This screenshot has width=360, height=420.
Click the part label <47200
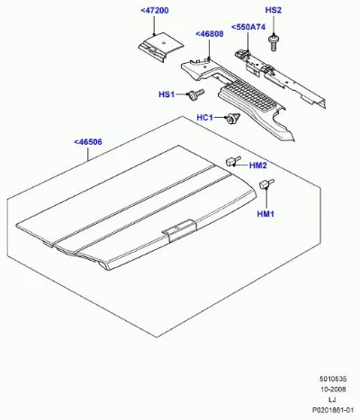pos(155,11)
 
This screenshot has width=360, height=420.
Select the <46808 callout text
pos(210,34)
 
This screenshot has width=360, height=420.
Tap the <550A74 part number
pos(248,27)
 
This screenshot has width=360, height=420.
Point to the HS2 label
pos(274,10)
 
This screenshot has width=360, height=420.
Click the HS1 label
pos(166,94)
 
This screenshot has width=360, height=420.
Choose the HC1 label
pos(204,118)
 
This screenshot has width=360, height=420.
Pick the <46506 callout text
pos(88,142)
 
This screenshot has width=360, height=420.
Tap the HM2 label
pos(258,165)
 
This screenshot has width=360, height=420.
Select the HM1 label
pos(265,214)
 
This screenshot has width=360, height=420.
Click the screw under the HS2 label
pos(273,42)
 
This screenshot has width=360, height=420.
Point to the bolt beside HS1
pos(195,94)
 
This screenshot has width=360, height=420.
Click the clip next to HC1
pos(233,118)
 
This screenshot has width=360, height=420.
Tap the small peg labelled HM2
pos(233,161)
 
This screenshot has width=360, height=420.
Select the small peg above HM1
pos(266,183)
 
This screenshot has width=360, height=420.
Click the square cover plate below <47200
pos(161,46)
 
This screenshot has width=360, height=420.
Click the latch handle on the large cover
pos(179,230)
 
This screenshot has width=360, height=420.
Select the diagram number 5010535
pos(333,380)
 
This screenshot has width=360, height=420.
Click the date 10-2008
pos(333,389)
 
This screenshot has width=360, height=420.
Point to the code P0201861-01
pos(331,410)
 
